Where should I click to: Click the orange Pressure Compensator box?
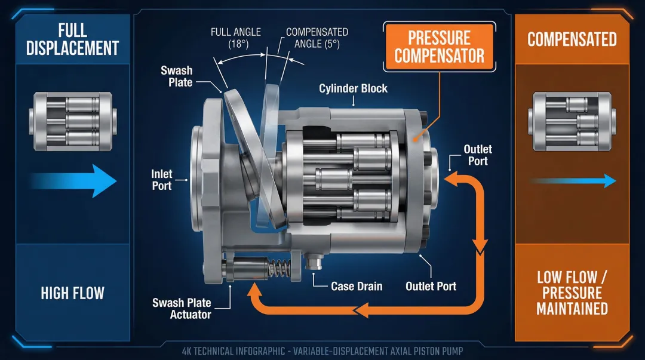click(439, 47)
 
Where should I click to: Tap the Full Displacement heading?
click(72, 39)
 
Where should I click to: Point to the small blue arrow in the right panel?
click(572, 180)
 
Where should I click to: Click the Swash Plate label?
click(177, 76)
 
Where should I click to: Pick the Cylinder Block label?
click(353, 88)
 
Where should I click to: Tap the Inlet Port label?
click(161, 180)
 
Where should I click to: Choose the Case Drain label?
click(357, 286)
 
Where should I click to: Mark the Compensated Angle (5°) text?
click(317, 38)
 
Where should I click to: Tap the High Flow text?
click(72, 293)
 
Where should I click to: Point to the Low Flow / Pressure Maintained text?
click(572, 293)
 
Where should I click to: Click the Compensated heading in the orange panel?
click(572, 39)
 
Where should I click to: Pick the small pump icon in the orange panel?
click(571, 121)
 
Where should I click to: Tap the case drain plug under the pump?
click(314, 261)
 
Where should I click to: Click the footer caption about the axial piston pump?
click(322, 350)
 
